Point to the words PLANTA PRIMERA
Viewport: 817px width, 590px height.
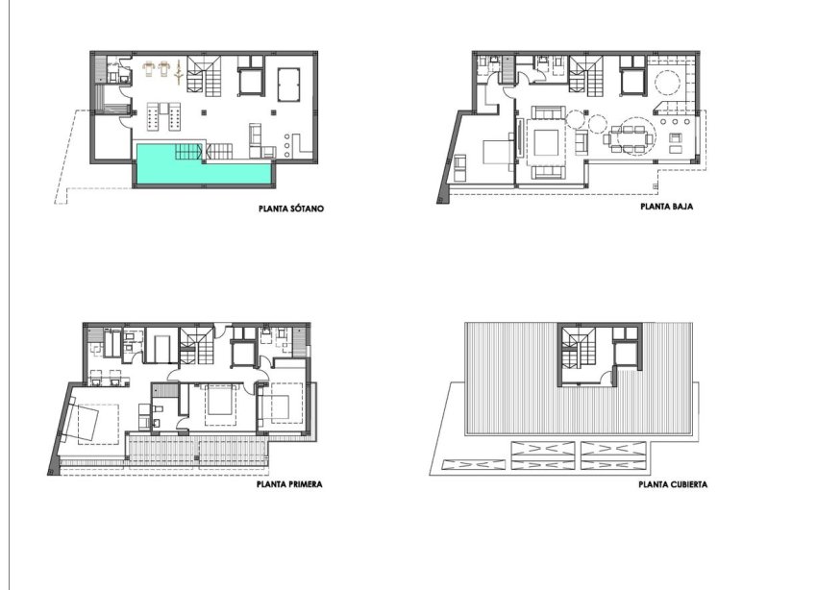288,485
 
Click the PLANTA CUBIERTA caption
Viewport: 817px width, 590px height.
673,485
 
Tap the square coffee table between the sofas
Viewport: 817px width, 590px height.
549,143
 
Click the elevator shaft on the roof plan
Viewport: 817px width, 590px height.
629,351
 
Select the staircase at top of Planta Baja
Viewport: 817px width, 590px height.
583,76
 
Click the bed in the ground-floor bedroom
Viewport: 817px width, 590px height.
489,154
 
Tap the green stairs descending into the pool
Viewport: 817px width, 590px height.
189,151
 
